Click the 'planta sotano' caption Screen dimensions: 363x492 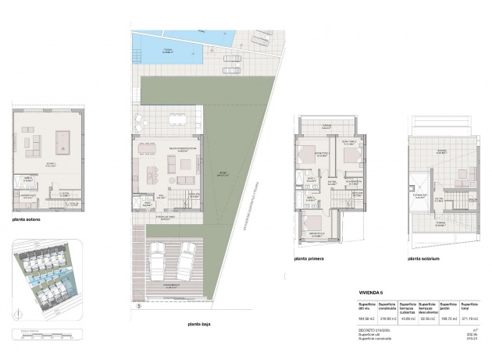[27, 219]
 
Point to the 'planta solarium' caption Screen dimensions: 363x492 [424, 258]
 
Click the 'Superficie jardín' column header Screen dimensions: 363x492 [448, 305]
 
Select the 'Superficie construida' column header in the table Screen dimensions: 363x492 [388, 305]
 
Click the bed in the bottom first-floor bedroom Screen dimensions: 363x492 [316, 230]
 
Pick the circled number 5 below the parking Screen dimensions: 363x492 [139, 306]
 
